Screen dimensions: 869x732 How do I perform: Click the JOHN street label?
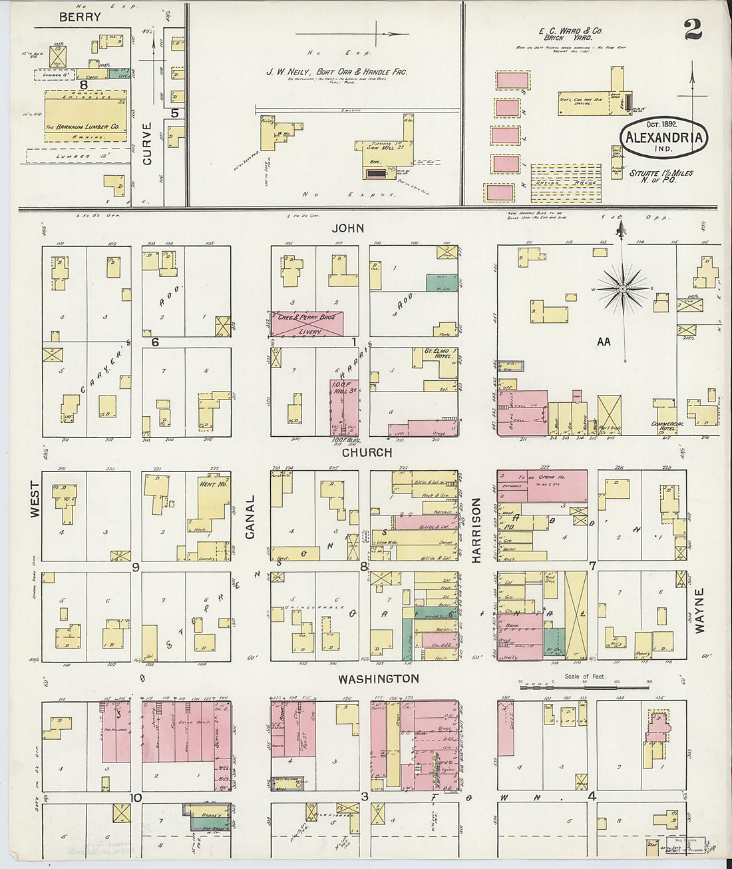pyautogui.click(x=348, y=228)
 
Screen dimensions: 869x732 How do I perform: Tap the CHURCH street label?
pyautogui.click(x=367, y=453)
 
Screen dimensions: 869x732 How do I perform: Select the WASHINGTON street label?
pyautogui.click(x=378, y=679)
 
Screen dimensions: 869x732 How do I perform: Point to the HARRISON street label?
pyautogui.click(x=476, y=531)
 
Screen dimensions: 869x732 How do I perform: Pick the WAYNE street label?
pyautogui.click(x=699, y=610)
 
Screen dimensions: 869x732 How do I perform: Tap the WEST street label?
pyautogui.click(x=35, y=499)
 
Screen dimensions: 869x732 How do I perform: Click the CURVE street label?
pyautogui.click(x=147, y=143)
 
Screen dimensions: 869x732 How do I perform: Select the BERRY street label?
pyautogui.click(x=80, y=17)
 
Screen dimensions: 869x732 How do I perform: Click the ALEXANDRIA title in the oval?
pyautogui.click(x=663, y=139)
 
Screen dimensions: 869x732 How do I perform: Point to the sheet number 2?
pyautogui.click(x=691, y=31)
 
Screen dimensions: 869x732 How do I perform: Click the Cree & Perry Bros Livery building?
pyautogui.click(x=306, y=324)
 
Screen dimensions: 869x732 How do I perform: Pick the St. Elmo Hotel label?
pyautogui.click(x=438, y=352)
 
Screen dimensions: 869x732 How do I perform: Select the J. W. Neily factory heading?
pyautogui.click(x=337, y=72)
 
